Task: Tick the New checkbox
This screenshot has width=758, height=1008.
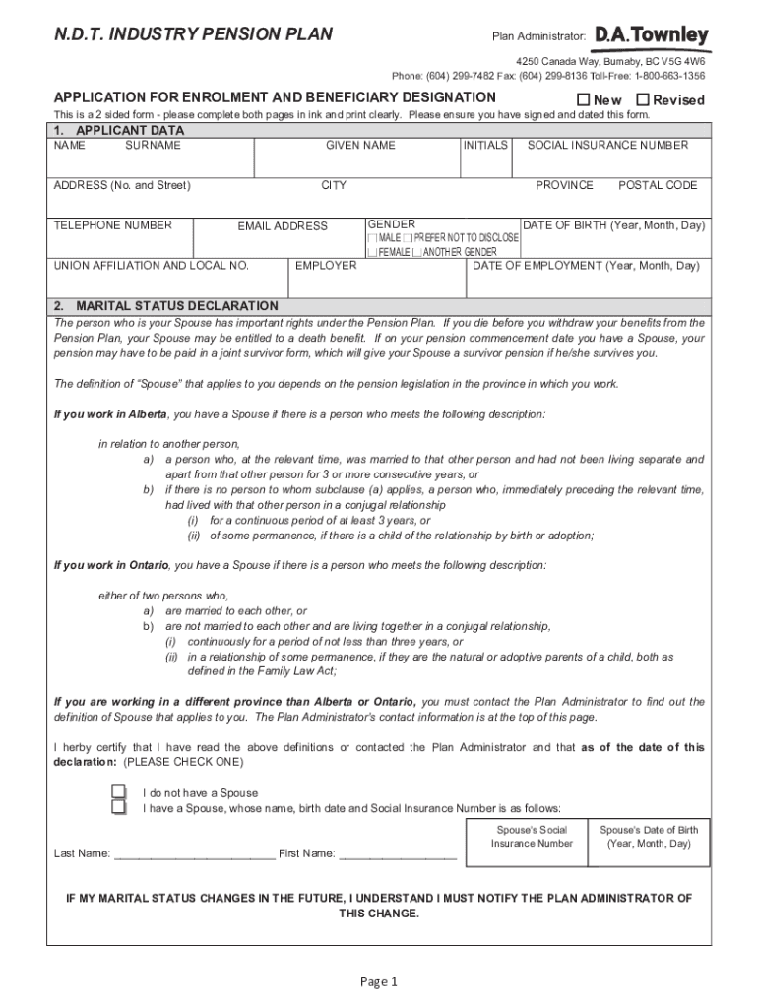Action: click(583, 99)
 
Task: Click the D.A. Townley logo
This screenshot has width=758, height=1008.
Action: click(651, 36)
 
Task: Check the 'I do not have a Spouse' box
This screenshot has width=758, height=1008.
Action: click(118, 792)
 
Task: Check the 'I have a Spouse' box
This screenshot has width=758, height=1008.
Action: click(118, 808)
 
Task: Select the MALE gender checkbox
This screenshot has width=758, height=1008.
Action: click(372, 238)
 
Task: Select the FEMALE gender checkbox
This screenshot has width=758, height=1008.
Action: click(372, 252)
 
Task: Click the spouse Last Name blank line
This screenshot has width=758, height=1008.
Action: click(195, 854)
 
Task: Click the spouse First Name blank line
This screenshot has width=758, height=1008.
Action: click(398, 854)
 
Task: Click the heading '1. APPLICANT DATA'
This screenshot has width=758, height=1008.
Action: click(119, 130)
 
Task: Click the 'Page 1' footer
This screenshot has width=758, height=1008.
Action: click(378, 981)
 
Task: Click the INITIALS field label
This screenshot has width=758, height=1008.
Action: click(485, 145)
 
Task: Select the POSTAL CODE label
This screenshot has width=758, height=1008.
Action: click(658, 185)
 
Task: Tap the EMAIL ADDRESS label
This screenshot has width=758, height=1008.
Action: click(283, 226)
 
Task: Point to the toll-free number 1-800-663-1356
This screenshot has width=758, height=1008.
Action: click(669, 76)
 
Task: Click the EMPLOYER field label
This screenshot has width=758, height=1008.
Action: click(326, 266)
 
